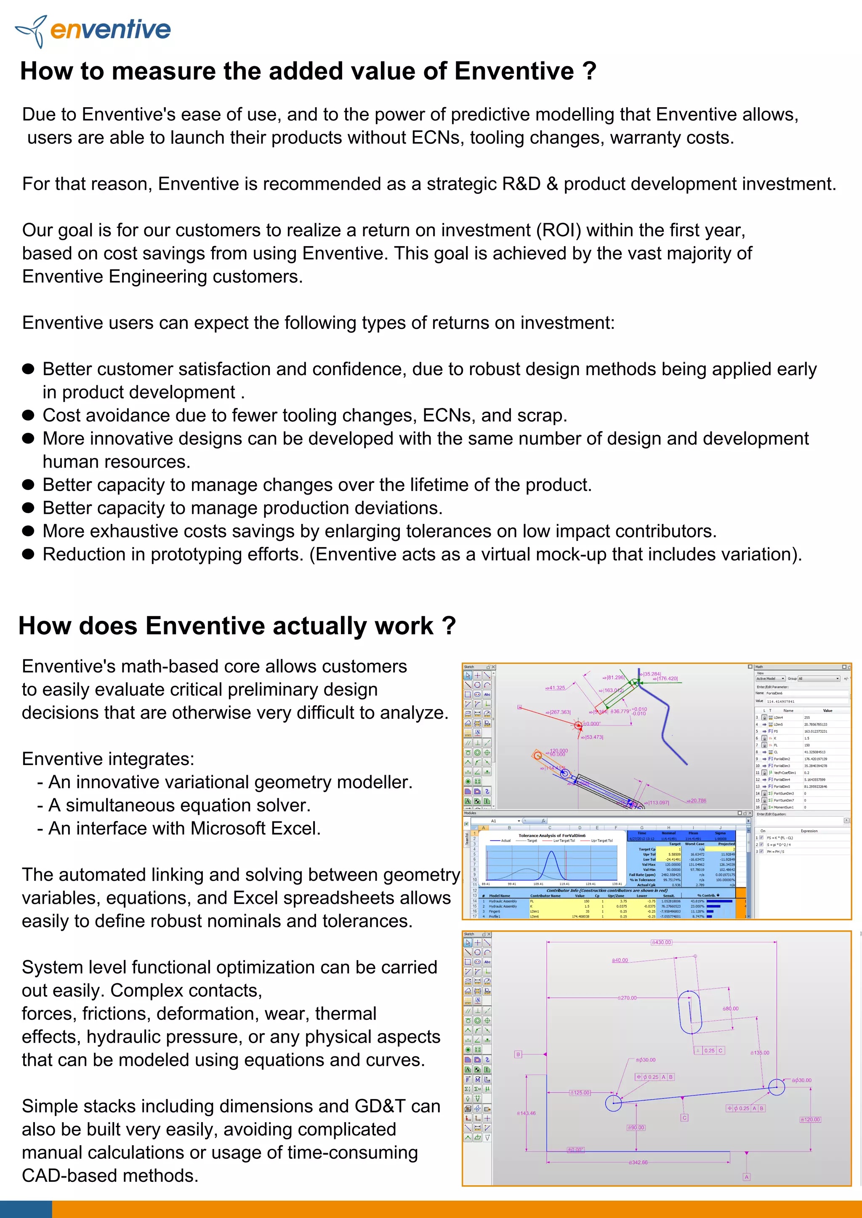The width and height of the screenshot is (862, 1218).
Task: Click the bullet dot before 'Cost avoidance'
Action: coord(29,416)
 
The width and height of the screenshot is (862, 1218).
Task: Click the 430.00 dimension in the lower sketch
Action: coord(661,942)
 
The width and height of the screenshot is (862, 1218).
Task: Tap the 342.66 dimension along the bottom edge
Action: coord(638,1162)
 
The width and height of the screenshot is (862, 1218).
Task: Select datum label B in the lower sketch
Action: coord(518,1054)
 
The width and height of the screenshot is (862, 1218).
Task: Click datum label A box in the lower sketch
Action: coord(746,1177)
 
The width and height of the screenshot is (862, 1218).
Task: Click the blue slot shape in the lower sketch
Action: coord(690,1011)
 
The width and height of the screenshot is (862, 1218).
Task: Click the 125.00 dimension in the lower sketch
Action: coord(580,1093)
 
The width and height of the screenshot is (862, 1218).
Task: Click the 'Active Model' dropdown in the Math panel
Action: coord(770,678)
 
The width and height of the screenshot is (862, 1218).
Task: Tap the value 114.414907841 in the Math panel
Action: coord(780,701)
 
